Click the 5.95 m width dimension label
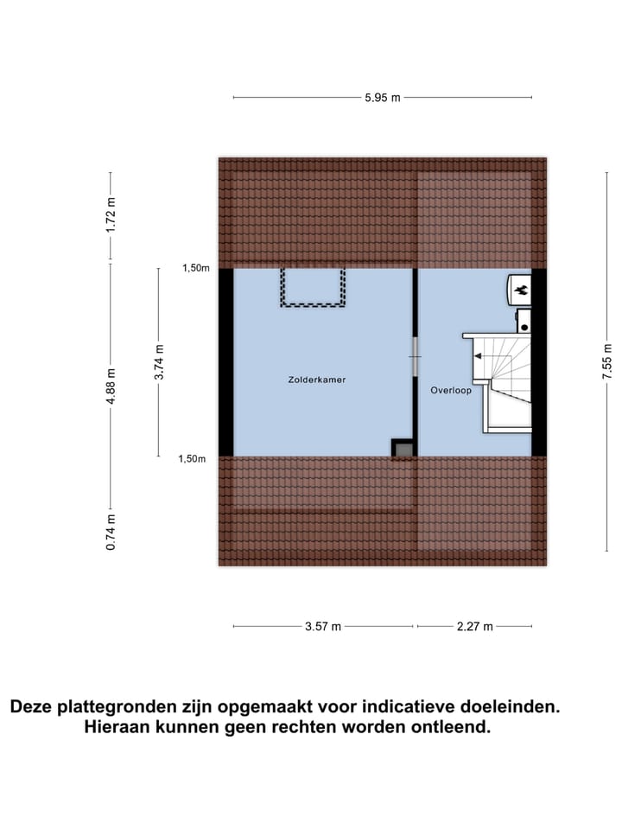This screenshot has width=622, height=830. [x=382, y=98]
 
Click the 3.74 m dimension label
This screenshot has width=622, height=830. [x=158, y=361]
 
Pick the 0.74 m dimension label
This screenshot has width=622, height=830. [x=110, y=532]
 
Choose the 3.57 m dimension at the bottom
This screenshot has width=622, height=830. [x=323, y=627]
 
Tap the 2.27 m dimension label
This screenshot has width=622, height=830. [x=475, y=627]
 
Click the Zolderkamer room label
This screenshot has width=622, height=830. [x=317, y=380]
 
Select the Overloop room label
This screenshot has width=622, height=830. [x=451, y=391]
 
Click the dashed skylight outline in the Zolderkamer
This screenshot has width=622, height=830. [x=313, y=288]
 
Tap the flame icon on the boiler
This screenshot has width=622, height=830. [x=521, y=291]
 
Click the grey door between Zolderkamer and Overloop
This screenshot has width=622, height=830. [x=415, y=356]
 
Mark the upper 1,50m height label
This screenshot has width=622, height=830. [x=195, y=268]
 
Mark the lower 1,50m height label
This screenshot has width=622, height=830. [x=192, y=459]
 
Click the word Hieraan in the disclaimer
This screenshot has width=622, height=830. [x=118, y=727]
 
